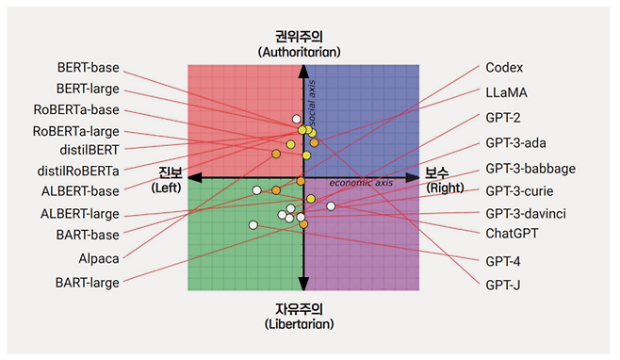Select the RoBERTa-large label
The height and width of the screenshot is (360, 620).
tap(76, 130)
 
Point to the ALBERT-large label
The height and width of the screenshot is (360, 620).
tap(80, 214)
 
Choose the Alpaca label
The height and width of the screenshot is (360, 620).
tap(99, 256)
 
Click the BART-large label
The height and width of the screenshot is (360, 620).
tap(87, 282)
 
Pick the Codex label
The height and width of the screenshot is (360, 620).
tap(504, 68)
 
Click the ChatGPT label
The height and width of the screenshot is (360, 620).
tap(514, 233)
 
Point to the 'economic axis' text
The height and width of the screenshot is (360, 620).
tap(362, 182)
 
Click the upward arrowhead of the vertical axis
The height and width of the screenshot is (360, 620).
tap(303, 73)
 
